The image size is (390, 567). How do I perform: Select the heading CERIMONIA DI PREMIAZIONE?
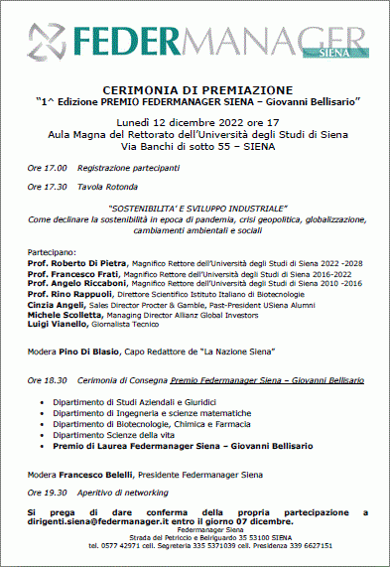click(195, 89)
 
